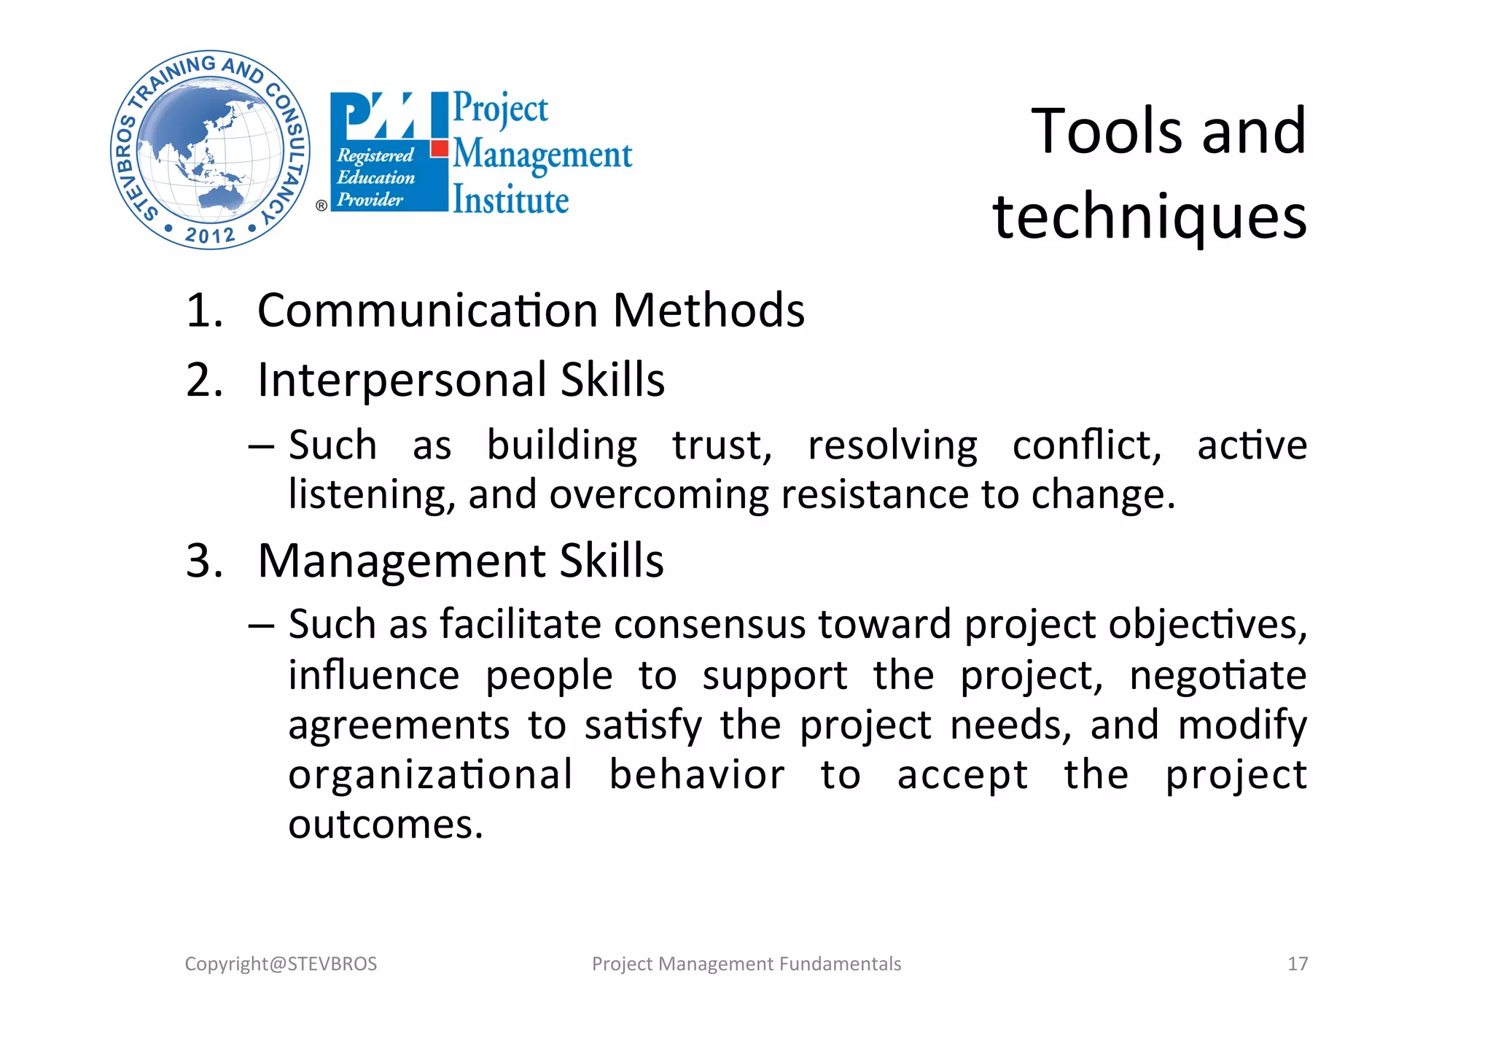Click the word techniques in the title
tap(1150, 217)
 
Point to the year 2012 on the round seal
tap(210, 235)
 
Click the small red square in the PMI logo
tap(439, 149)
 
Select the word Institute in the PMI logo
tap(510, 201)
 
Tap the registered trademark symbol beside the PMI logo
tap(321, 206)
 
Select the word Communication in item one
tap(427, 311)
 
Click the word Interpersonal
tap(402, 380)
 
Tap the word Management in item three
tap(402, 561)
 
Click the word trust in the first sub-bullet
tap(721, 445)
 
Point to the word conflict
tap(1086, 445)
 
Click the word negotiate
tap(1217, 675)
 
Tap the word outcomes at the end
tap(386, 825)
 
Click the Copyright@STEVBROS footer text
tap(281, 964)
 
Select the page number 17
tap(1298, 964)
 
